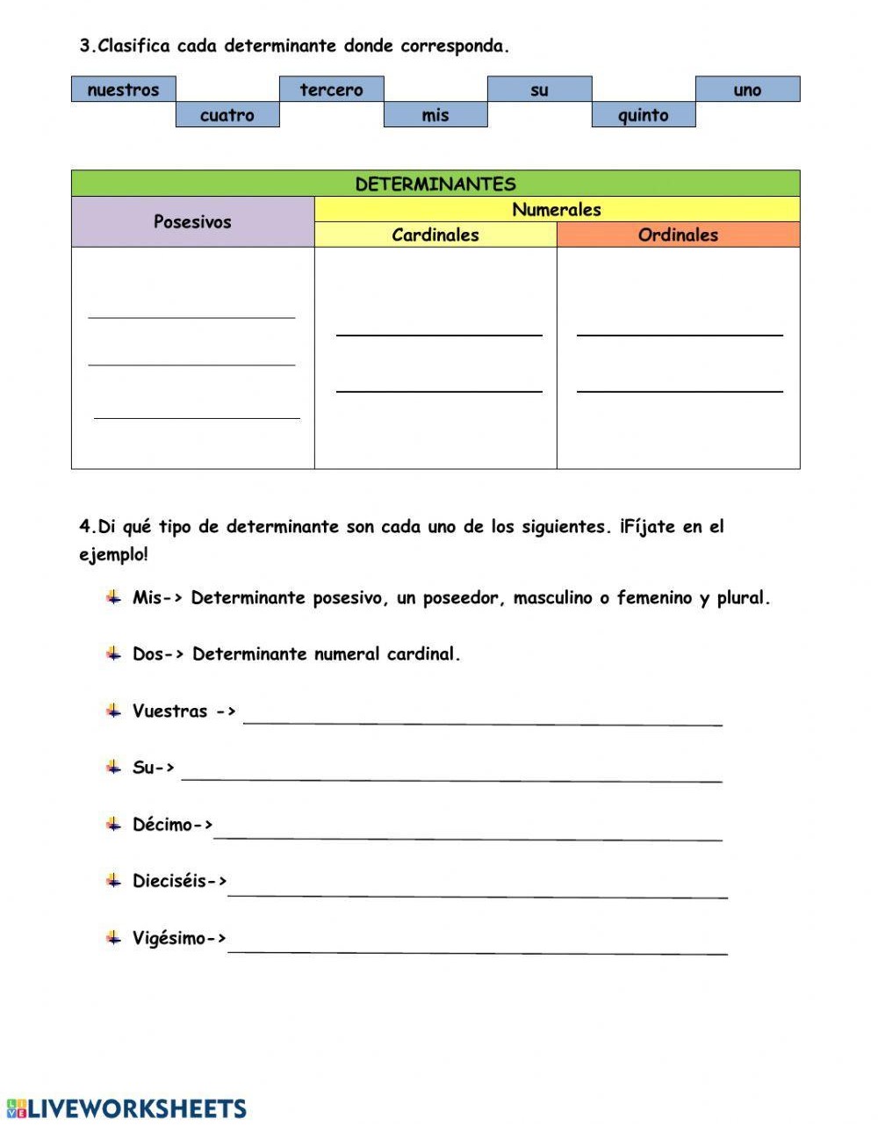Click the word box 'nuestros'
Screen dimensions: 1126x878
(123, 90)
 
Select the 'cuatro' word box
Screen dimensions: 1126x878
(227, 115)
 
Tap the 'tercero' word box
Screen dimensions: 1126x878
(331, 90)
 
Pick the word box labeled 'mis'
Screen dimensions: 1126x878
(435, 115)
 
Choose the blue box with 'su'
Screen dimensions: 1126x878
(539, 90)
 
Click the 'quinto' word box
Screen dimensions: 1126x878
(644, 115)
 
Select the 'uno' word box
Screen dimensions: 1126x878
(747, 90)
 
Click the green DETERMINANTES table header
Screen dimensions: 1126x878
(435, 184)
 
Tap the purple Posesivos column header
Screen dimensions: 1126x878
(192, 222)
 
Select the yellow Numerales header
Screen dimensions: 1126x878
(557, 210)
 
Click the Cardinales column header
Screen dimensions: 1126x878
(435, 235)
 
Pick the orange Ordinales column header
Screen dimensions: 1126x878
(678, 235)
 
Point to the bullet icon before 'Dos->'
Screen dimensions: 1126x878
(113, 653)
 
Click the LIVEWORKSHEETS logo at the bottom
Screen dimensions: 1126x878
(126, 1108)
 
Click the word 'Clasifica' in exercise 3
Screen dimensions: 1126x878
(134, 47)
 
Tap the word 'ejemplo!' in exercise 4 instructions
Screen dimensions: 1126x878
(114, 555)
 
